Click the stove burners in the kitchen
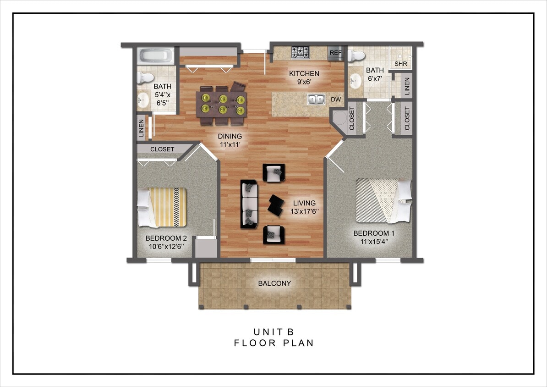click(x=301, y=53)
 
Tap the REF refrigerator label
click(x=336, y=53)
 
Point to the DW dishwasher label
click(x=335, y=99)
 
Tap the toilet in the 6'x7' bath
click(x=356, y=56)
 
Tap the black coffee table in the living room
click(x=276, y=205)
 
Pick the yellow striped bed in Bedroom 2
click(x=163, y=207)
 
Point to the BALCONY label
click(x=274, y=283)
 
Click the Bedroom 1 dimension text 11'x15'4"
click(x=374, y=242)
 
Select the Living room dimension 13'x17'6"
click(x=304, y=211)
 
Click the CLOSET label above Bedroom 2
click(x=162, y=149)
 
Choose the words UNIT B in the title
click(x=273, y=332)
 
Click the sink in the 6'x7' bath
click(x=355, y=83)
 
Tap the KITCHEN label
click(x=304, y=74)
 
